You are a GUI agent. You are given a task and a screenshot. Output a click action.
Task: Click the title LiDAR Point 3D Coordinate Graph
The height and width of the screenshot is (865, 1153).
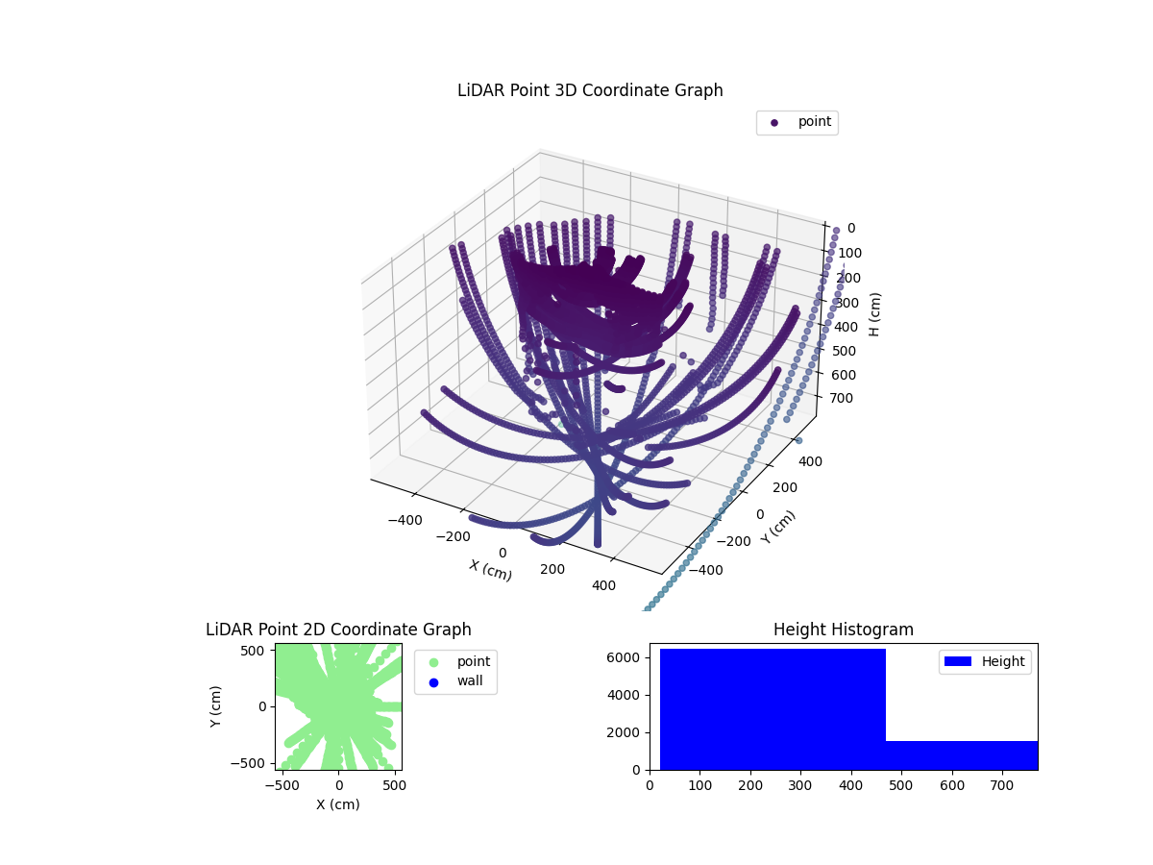[590, 90]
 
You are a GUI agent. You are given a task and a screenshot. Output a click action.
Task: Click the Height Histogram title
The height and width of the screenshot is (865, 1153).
[843, 630]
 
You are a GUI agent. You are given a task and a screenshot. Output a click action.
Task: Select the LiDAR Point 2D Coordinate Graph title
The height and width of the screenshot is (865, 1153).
[338, 630]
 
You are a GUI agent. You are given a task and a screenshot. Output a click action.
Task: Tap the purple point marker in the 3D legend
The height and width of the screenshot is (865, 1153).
[774, 122]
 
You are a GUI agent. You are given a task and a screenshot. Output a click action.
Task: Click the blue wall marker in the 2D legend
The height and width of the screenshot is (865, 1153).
[433, 682]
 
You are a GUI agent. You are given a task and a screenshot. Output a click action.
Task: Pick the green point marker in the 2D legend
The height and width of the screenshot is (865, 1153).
[433, 662]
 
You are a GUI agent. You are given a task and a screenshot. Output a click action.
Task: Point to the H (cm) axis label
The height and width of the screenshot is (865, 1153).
[874, 314]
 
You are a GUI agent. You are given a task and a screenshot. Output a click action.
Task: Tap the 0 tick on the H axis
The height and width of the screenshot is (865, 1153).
[849, 229]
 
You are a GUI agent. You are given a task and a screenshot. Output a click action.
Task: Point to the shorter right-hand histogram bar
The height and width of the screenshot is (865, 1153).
[961, 755]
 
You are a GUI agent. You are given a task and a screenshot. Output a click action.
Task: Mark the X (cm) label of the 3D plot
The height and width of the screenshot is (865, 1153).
[490, 570]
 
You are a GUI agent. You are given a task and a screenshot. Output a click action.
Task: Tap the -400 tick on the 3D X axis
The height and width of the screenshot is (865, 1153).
[405, 520]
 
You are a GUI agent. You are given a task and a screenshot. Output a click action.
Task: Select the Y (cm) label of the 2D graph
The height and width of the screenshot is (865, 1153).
[217, 706]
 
